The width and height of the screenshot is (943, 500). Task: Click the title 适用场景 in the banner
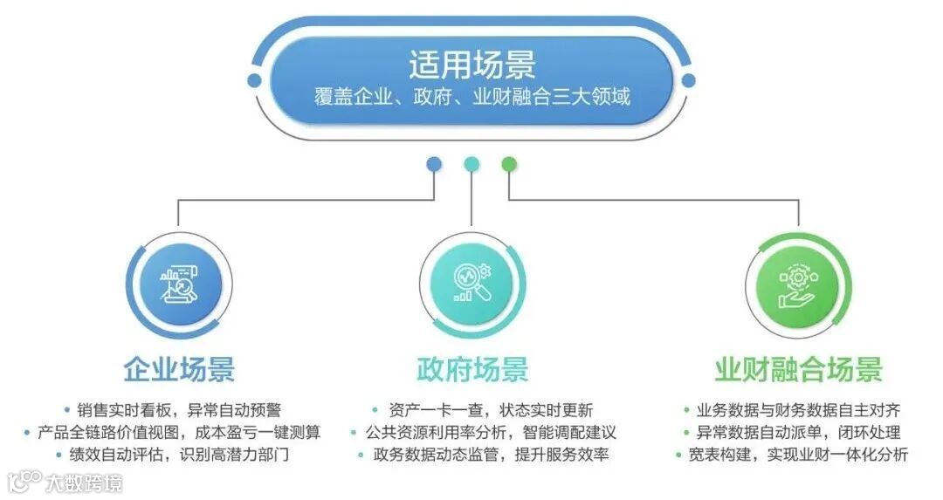(x=471, y=65)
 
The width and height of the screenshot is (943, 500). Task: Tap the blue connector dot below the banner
(x=434, y=164)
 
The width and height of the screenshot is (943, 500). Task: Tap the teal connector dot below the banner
(x=471, y=164)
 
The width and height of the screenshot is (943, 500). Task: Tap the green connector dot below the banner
(x=509, y=164)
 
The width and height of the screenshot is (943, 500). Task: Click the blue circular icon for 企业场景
(x=179, y=284)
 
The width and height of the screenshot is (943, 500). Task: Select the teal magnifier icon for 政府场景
(x=471, y=284)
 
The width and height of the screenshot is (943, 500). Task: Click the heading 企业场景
(x=179, y=369)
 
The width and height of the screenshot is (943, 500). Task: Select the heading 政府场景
(x=472, y=369)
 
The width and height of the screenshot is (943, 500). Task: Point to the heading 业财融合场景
(x=798, y=369)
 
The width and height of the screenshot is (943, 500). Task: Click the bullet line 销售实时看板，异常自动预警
(x=178, y=409)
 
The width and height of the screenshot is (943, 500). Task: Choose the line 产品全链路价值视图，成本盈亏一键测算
(x=178, y=432)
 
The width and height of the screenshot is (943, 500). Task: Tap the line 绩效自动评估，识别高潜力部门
(x=178, y=455)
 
